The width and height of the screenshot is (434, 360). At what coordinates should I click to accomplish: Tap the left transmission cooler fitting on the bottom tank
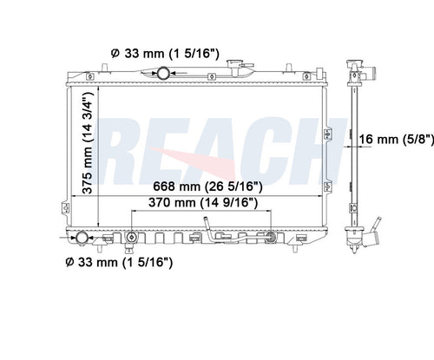131,238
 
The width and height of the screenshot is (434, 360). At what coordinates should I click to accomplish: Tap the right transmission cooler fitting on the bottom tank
271,237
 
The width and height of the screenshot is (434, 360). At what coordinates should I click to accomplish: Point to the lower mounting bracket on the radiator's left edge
64,207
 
